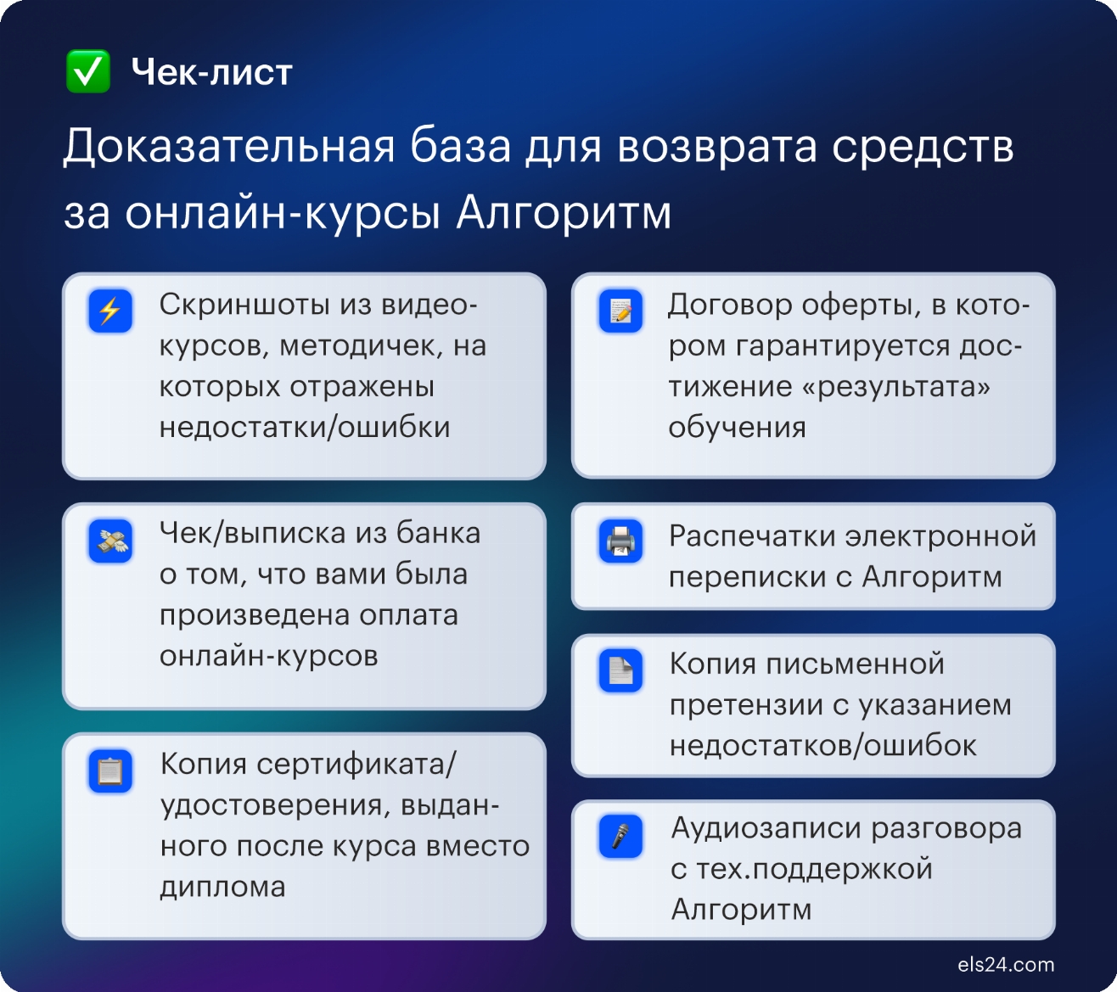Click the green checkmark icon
point(88,71)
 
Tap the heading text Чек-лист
point(211,72)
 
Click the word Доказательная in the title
point(229,147)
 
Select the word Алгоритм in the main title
point(564,213)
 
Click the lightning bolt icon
point(110,311)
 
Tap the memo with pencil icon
point(620,311)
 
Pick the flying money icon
point(110,541)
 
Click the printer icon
point(620,541)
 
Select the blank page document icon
point(620,670)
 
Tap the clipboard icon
point(110,771)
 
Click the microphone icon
point(620,836)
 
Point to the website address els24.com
point(1006,965)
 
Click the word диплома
point(222,888)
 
